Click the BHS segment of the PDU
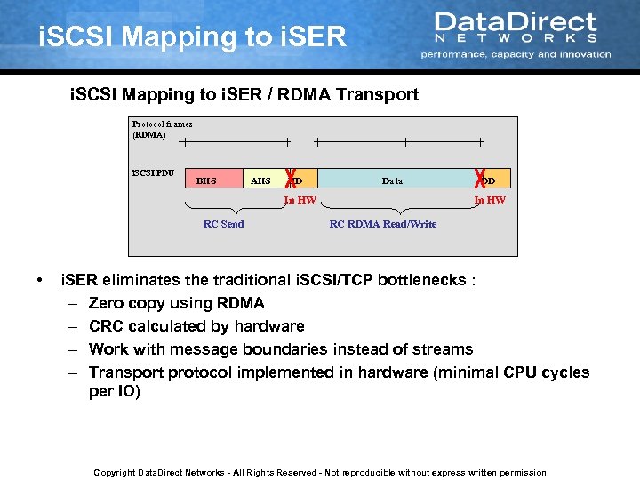205,180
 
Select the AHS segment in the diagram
260,180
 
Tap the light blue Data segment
392,180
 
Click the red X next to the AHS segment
290,178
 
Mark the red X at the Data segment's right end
481,178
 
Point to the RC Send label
223,224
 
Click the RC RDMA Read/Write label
382,224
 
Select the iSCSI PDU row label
152,173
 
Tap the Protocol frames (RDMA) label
162,130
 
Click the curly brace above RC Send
223,210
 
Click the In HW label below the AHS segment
300,200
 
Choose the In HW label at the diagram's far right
490,200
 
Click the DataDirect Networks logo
516,34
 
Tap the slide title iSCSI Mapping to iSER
192,37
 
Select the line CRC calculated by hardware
196,326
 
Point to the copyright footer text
320,472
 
